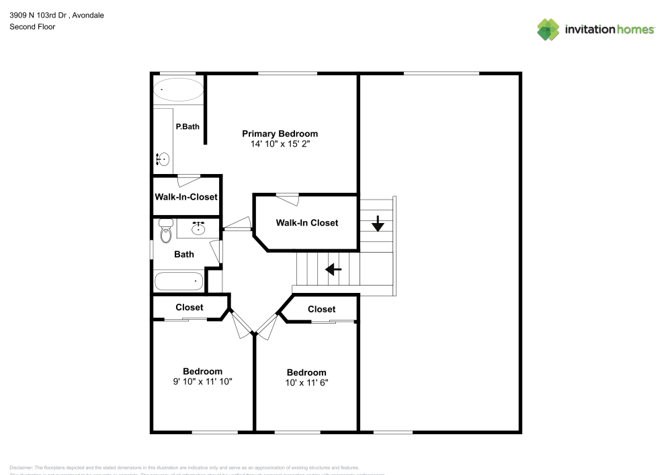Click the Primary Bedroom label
280,134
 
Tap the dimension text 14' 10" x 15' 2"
280,144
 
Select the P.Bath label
187,126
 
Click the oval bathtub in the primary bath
178,90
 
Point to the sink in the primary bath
163,159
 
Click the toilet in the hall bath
166,231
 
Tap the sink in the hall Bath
198,228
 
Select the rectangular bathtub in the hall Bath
179,281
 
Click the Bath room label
184,254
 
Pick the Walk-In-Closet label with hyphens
186,197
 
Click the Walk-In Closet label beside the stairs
307,222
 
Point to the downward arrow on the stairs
378,223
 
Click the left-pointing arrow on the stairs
333,269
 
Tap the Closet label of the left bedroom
190,307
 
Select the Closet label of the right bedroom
321,309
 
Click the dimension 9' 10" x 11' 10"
203,381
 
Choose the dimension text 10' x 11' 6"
306,382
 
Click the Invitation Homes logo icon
548,29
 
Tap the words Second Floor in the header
32,27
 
